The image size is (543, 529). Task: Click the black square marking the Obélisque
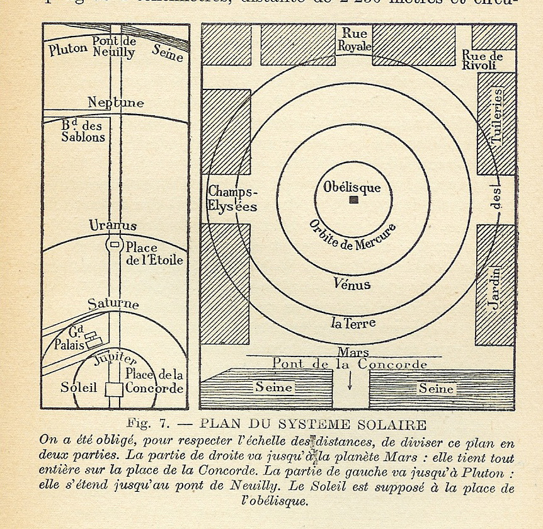coord(354,200)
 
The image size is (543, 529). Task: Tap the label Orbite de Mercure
coord(353,236)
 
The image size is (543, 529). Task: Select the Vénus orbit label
coord(352,285)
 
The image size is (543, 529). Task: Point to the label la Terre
coord(353,324)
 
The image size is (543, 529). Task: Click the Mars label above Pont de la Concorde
coord(353,352)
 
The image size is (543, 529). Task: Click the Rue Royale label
coord(354,40)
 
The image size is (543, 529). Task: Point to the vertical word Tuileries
coord(496,117)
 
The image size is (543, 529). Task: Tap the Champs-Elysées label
coord(233,198)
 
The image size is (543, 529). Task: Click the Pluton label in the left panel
coord(68,48)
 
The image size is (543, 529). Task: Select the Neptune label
coord(116,102)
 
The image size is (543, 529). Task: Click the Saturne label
coord(113,304)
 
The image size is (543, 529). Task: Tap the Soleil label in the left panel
coord(79,387)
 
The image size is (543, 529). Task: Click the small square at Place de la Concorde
coord(114,389)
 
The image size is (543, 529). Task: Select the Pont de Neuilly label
coord(113,47)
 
